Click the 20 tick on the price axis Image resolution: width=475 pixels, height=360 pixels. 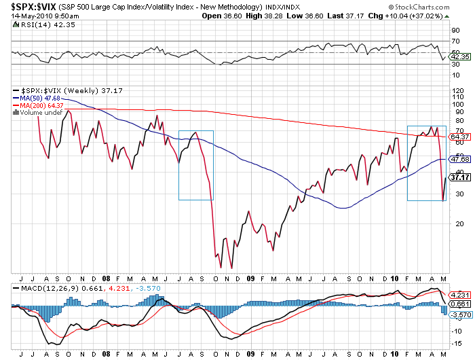[454, 223]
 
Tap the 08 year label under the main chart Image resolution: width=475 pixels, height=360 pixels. [106, 278]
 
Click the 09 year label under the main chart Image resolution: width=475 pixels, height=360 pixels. [250, 278]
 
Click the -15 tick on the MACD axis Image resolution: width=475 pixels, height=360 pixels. [455, 342]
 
